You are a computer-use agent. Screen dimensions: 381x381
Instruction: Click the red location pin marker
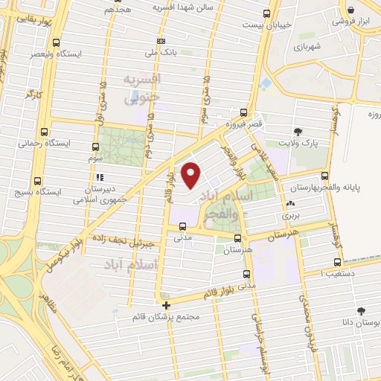point(191,175)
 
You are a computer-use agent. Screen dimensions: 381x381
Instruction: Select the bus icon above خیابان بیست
point(267,13)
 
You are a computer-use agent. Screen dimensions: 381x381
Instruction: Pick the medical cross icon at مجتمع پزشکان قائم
point(166,305)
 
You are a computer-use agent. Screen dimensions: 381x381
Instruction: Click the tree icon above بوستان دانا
point(361,311)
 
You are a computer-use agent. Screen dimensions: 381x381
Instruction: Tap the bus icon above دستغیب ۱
point(339,261)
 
